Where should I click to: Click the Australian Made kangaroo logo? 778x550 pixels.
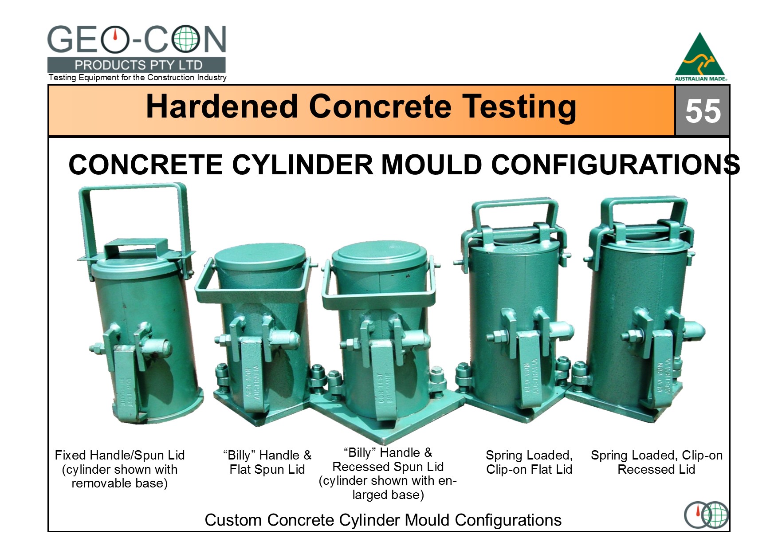click(x=701, y=57)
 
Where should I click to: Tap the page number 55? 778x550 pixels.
click(x=703, y=111)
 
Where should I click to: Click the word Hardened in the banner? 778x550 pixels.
click(x=222, y=107)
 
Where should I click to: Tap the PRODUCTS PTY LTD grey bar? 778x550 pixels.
click(x=137, y=65)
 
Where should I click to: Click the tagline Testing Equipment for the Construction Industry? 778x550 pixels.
click(x=138, y=78)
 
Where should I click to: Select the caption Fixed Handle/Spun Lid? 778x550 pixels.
click(x=120, y=456)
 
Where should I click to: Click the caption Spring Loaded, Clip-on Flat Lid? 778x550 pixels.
click(x=529, y=462)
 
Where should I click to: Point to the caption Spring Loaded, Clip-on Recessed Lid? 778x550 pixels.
click(x=656, y=462)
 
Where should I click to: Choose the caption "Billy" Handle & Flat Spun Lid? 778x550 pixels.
click(x=267, y=462)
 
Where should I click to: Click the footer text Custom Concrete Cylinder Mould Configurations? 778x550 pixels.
click(x=383, y=520)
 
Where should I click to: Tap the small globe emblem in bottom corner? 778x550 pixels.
click(x=707, y=515)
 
